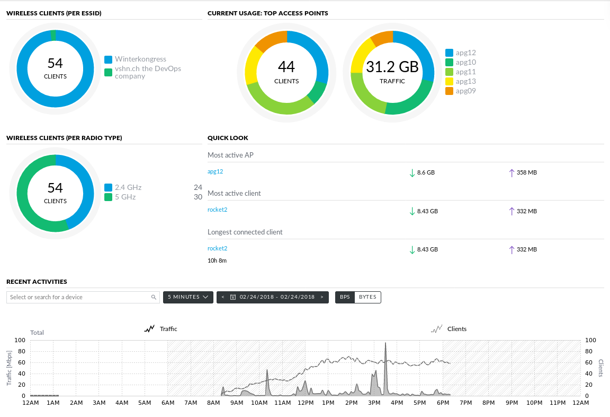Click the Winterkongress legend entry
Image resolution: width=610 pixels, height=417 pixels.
pyautogui.click(x=140, y=59)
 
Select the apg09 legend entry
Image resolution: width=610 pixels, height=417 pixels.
pyautogui.click(x=465, y=91)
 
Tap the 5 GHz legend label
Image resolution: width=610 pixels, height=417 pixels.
pyautogui.click(x=125, y=197)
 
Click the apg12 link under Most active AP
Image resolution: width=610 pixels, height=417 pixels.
pyautogui.click(x=216, y=172)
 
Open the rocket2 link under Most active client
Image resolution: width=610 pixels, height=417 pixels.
pyautogui.click(x=217, y=210)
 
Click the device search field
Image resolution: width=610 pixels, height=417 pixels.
pyautogui.click(x=79, y=297)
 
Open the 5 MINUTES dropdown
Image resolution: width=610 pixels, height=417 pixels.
pyautogui.click(x=188, y=297)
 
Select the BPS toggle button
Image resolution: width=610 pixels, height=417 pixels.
pyautogui.click(x=345, y=297)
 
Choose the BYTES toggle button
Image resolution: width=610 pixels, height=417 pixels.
pyautogui.click(x=367, y=297)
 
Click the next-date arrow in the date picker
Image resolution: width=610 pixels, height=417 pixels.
pyautogui.click(x=321, y=297)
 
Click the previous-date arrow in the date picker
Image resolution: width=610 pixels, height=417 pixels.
pyautogui.click(x=223, y=297)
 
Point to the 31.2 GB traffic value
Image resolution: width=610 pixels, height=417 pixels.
pyautogui.click(x=392, y=67)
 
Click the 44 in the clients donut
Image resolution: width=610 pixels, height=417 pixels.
pyautogui.click(x=286, y=67)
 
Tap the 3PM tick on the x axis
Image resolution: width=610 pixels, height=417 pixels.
pyautogui.click(x=374, y=403)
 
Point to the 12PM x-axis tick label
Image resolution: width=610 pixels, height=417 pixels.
pyautogui.click(x=306, y=403)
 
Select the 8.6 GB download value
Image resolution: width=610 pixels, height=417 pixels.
pyautogui.click(x=426, y=172)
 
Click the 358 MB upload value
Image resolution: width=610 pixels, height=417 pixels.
pyautogui.click(x=526, y=172)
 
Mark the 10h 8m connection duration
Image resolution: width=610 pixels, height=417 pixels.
pyautogui.click(x=217, y=260)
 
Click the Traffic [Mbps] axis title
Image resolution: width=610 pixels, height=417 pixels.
pyautogui.click(x=9, y=368)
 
